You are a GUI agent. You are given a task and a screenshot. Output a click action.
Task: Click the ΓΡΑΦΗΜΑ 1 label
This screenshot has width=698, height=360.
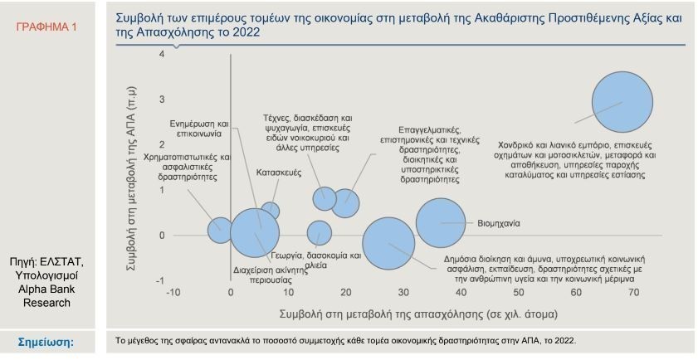(46, 27)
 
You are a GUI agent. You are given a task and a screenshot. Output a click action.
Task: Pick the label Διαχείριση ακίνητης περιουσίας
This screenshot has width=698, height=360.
(265, 275)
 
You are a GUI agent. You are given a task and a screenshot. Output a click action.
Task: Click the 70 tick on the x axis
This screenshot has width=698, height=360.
(632, 292)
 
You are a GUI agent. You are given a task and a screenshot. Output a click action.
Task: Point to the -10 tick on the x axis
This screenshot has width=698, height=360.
(173, 292)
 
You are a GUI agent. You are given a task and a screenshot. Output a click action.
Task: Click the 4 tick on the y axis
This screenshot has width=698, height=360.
(161, 55)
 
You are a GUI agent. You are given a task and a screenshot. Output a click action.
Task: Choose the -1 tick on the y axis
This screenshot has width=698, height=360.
(159, 280)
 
